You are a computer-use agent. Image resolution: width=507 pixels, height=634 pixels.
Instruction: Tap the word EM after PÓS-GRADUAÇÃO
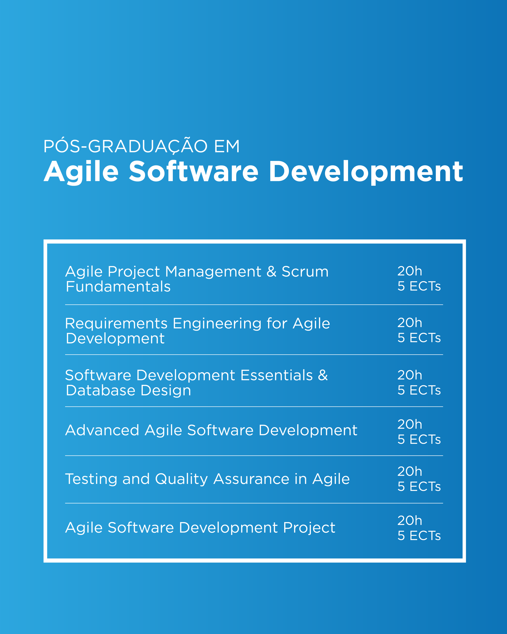[227, 146]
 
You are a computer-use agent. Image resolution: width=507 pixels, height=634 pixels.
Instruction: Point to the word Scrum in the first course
[305, 271]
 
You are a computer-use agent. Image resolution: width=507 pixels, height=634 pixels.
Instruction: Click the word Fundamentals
[118, 287]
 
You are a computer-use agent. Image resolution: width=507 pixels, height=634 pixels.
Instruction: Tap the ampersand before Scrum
[272, 271]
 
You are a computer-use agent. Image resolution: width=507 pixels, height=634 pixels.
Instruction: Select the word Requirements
[116, 324]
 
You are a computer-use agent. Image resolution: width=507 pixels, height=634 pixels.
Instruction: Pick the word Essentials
[277, 375]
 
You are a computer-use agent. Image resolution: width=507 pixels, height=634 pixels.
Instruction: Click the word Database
[101, 391]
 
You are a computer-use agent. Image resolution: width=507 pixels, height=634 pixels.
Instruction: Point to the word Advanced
[102, 430]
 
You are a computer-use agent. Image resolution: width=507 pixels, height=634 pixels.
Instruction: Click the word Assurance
[251, 479]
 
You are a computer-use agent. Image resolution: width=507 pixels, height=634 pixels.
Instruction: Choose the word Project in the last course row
[309, 528]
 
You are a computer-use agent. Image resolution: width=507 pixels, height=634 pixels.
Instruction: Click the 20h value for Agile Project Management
[410, 271]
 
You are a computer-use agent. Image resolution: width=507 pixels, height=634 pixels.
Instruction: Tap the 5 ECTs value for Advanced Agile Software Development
[419, 439]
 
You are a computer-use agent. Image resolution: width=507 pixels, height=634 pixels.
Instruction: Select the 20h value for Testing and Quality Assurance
[410, 471]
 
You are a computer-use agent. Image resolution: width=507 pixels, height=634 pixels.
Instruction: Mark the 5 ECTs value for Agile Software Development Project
[419, 535]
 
